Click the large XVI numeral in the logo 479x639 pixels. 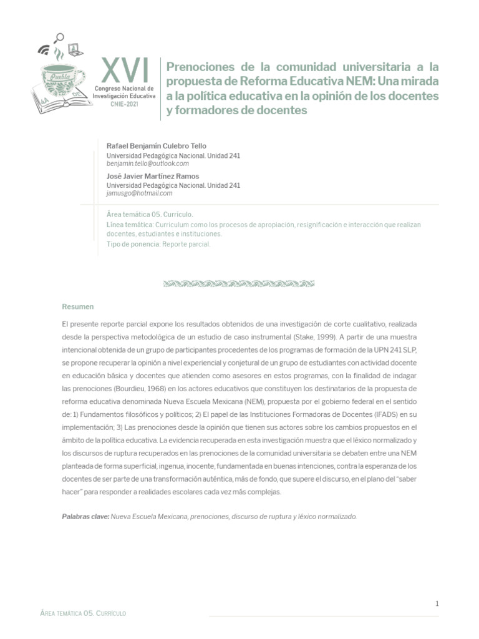click(125, 71)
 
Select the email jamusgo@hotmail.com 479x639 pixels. click(140, 193)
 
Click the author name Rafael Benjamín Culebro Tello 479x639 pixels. click(157, 145)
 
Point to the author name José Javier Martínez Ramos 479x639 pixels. click(153, 176)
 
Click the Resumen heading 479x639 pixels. click(78, 306)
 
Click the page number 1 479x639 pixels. click(437, 603)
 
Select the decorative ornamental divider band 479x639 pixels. click(239, 283)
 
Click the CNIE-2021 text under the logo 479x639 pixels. click(125, 105)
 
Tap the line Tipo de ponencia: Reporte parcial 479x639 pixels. click(159, 244)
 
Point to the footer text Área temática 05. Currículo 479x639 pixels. click(83, 613)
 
